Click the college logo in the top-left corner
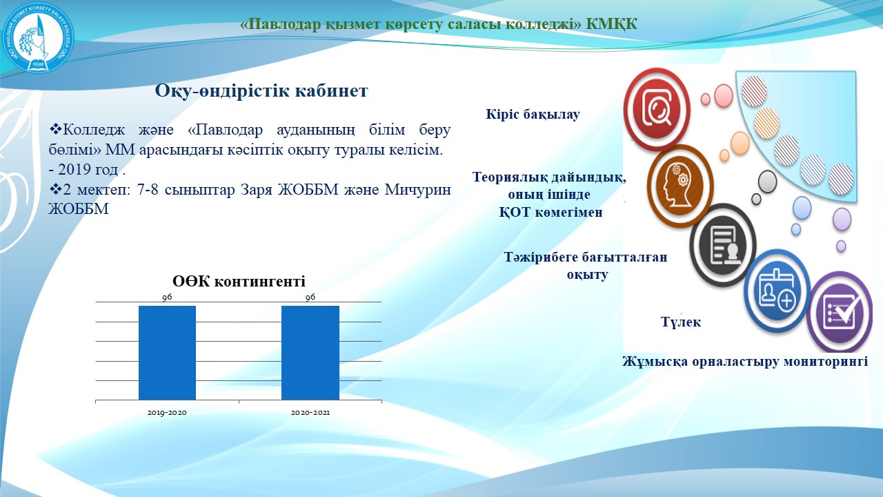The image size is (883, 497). (38, 37)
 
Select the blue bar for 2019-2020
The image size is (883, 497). (167, 353)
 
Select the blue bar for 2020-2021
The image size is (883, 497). (310, 353)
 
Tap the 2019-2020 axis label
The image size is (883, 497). (167, 413)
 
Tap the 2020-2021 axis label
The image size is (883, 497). (310, 413)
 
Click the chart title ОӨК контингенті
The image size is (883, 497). (239, 281)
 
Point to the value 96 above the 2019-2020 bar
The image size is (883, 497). (167, 298)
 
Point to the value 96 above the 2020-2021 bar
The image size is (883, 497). (310, 297)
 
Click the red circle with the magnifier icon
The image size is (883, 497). (657, 109)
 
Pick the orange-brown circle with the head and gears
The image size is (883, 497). (680, 186)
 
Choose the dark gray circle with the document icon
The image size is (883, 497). (723, 244)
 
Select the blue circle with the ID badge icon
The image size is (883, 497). (777, 291)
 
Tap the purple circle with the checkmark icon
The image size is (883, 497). (840, 313)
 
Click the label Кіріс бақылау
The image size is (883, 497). (533, 115)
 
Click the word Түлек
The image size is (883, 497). (681, 322)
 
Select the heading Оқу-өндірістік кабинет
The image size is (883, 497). (261, 90)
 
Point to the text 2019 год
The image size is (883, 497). (88, 170)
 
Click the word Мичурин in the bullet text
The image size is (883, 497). (418, 190)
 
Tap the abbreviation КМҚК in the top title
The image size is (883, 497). (611, 24)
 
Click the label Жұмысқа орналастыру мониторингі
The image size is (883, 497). (745, 361)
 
